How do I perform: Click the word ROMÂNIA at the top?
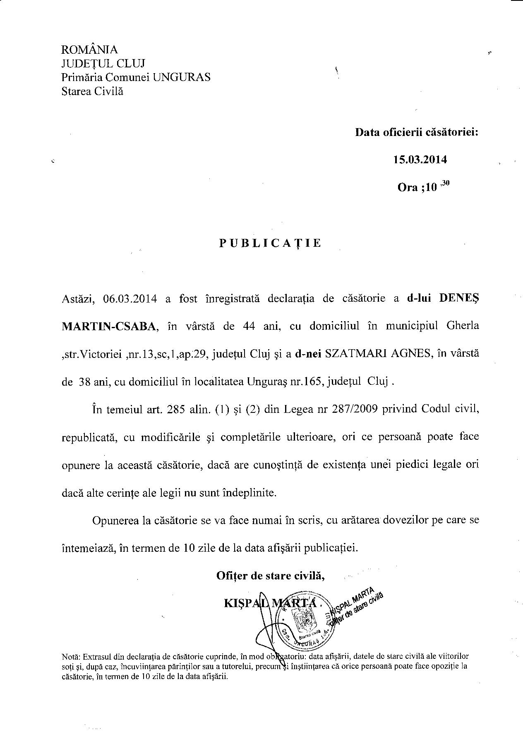pos(89,50)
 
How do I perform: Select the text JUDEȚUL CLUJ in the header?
pos(103,64)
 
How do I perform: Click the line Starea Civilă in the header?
pos(92,91)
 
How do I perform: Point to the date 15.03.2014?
pos(420,160)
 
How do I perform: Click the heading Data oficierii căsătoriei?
pos(417,132)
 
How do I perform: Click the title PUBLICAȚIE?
pos(270,243)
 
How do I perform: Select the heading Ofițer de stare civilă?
pos(270,575)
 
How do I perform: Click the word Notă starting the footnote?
pos(71,656)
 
